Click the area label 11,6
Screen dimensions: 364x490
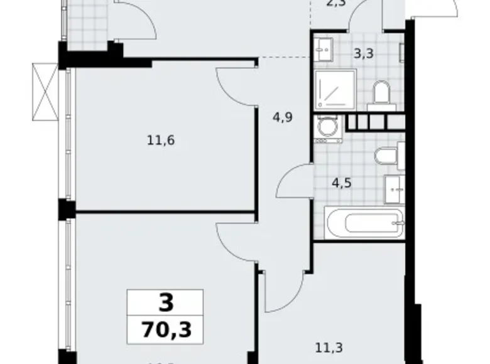(x=160, y=140)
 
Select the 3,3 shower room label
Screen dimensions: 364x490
(x=364, y=53)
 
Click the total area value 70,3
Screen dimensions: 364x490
(x=165, y=329)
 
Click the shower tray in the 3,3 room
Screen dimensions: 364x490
(x=335, y=89)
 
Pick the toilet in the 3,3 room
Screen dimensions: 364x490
(x=381, y=95)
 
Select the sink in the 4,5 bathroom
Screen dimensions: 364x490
(x=395, y=186)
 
